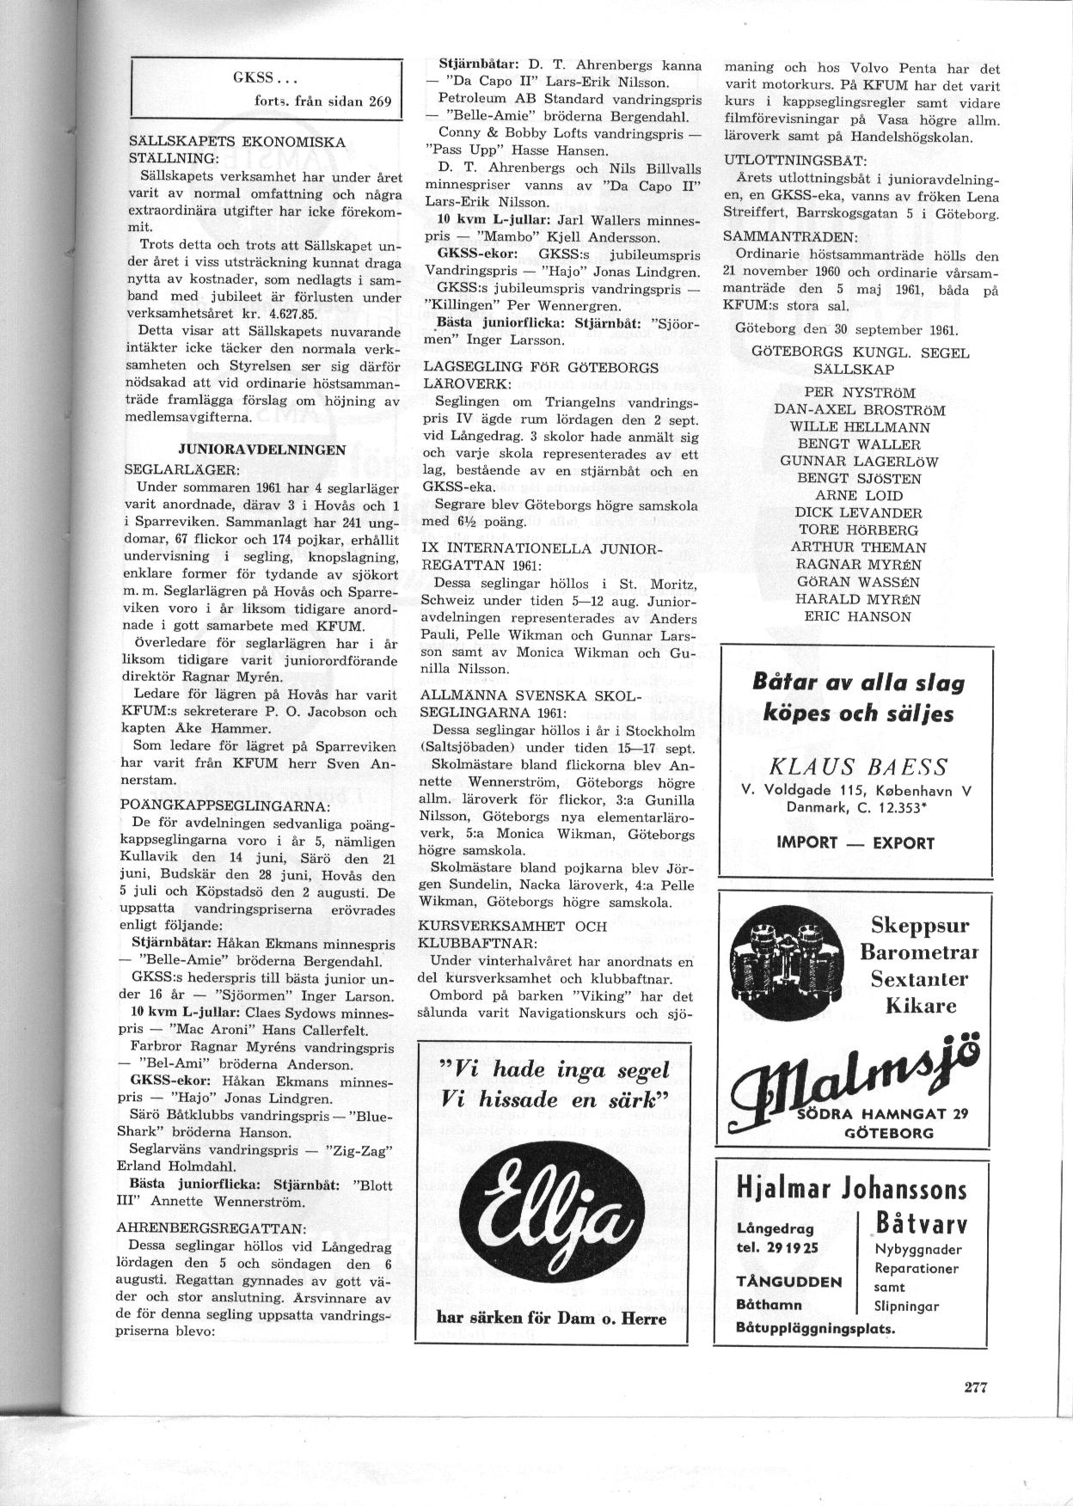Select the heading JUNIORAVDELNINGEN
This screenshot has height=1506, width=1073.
point(261,450)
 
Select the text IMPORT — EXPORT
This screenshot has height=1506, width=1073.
point(855,842)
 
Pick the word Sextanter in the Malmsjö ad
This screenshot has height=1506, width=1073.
point(918,978)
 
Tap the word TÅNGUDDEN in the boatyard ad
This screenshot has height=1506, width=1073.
point(788,1280)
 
